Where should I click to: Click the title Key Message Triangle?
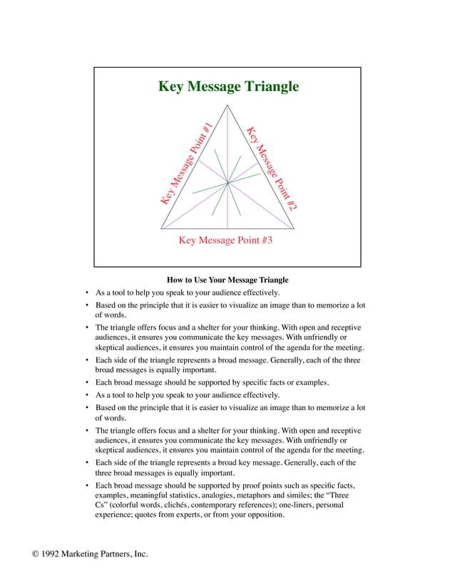coord(227,88)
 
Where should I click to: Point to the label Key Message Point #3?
coord(225,241)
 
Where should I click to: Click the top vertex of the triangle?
coord(227,105)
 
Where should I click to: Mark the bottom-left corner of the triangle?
coord(161,229)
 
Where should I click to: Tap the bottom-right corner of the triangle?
coord(294,229)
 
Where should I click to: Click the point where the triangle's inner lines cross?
coord(227,184)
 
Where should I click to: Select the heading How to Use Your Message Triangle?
coord(227,279)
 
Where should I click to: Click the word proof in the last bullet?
coord(238,483)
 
